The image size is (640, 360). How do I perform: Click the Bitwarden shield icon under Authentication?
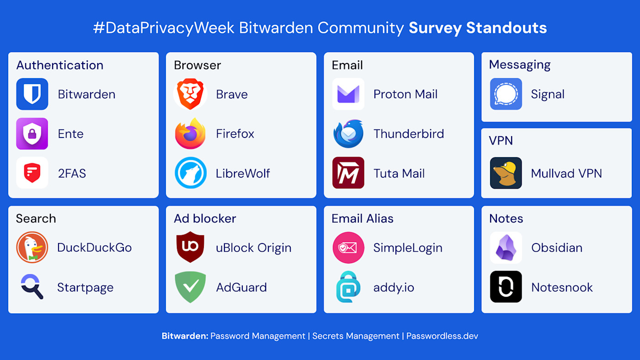coord(32,94)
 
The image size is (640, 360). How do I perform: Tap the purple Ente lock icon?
coord(32,134)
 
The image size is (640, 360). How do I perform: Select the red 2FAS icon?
coord(32,173)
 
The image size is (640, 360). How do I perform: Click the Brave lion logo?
coord(190,94)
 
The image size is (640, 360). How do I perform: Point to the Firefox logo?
coord(190,134)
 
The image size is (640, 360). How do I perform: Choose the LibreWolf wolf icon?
coord(190,173)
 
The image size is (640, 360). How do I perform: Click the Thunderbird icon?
coord(348,134)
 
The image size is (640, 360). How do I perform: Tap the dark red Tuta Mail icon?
coord(348,173)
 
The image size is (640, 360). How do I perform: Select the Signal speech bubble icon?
coord(506,94)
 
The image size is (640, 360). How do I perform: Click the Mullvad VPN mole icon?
coord(506,173)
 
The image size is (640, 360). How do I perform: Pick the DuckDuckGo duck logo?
coord(32,248)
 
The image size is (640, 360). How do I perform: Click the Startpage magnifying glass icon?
coord(32,287)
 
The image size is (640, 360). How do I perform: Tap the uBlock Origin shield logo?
coord(190,248)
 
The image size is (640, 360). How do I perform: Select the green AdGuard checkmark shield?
coord(190,287)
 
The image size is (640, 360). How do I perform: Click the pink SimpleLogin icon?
coord(348,248)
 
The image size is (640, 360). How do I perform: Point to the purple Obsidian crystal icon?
coord(506,248)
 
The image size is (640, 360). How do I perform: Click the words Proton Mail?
coord(405,94)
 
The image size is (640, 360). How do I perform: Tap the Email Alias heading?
coord(363,218)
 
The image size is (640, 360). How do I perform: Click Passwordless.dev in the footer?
coord(442,336)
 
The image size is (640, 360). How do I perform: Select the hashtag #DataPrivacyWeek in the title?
coord(164,28)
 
